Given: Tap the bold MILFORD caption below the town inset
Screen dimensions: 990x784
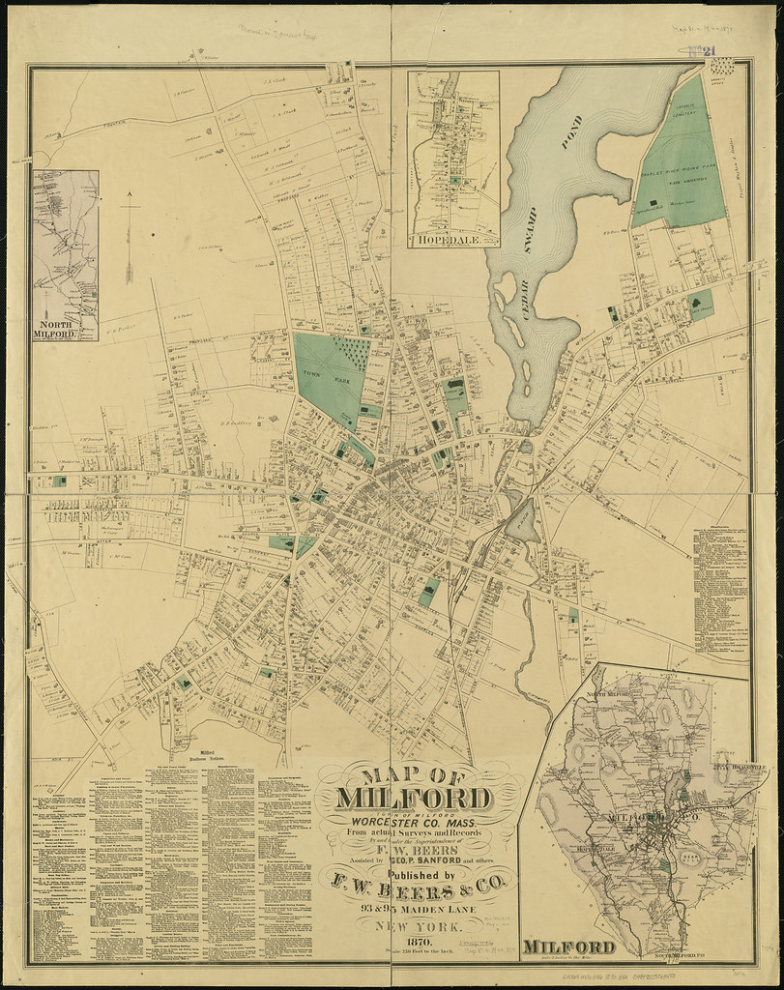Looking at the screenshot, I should pyautogui.click(x=569, y=946).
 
